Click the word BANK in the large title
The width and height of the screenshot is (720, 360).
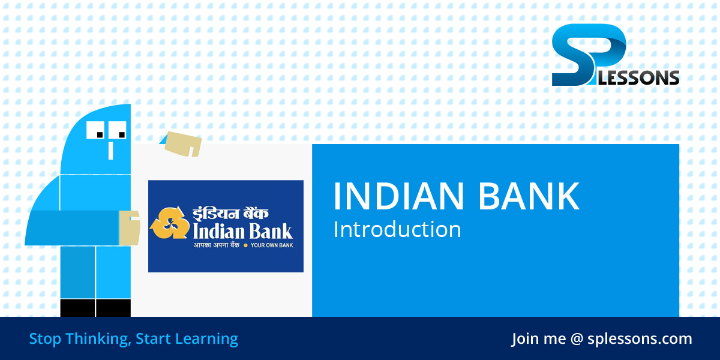pyautogui.click(x=536, y=196)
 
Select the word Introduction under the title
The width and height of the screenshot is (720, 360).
pyautogui.click(x=397, y=229)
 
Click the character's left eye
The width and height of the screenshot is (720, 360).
pyautogui.click(x=97, y=128)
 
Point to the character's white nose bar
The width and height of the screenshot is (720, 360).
pyautogui.click(x=110, y=150)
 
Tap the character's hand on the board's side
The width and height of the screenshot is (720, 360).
pyautogui.click(x=129, y=227)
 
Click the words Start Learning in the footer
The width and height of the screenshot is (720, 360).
pyautogui.click(x=187, y=339)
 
